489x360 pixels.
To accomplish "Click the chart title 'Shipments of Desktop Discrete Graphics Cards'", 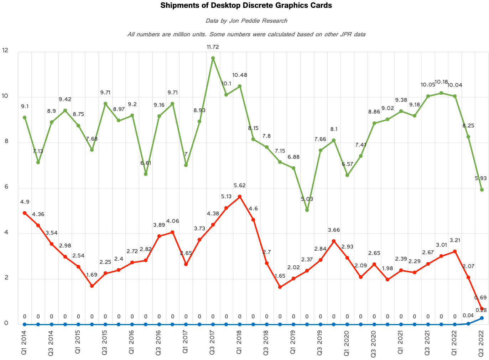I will (246, 5).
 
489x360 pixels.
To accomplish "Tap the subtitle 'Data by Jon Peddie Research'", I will (246, 21).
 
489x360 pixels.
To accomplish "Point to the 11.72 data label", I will (213, 47).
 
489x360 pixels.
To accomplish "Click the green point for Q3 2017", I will (213, 58).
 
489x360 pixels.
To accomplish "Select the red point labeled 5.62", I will (240, 197).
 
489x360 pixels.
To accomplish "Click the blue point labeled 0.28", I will (482, 318).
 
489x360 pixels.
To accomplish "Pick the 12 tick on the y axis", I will (5, 51).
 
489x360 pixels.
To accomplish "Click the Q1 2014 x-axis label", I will (24, 342).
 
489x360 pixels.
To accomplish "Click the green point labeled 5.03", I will (307, 210).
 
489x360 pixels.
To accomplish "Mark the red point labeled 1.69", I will (92, 286).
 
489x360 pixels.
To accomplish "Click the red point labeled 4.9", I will (25, 213).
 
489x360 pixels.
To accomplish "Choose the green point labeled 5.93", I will (482, 190).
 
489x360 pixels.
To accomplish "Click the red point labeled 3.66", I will (334, 241).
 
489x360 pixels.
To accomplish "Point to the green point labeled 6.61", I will (146, 174).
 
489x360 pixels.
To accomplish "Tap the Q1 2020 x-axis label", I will (347, 342).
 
